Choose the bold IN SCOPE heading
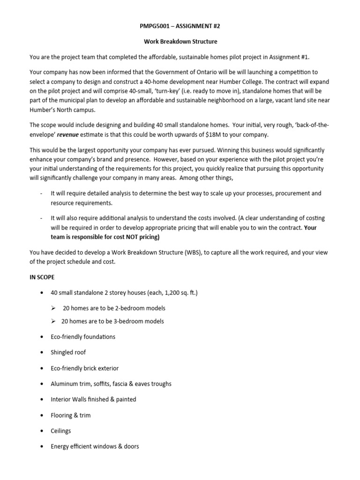[x=42, y=277]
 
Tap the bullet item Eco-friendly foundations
[x=83, y=337]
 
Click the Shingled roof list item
[x=68, y=352]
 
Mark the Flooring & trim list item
[x=71, y=415]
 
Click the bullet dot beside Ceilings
[x=43, y=431]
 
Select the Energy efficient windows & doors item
[x=95, y=446]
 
